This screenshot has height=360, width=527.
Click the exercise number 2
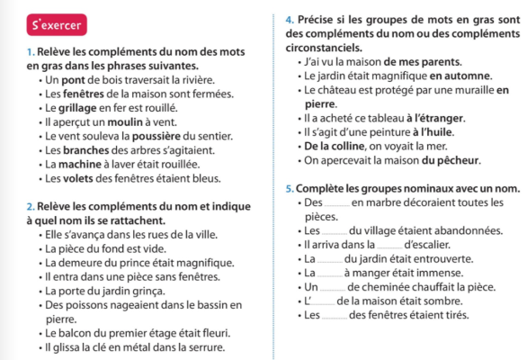tap(31, 209)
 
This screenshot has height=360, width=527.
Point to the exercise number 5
tap(287, 189)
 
